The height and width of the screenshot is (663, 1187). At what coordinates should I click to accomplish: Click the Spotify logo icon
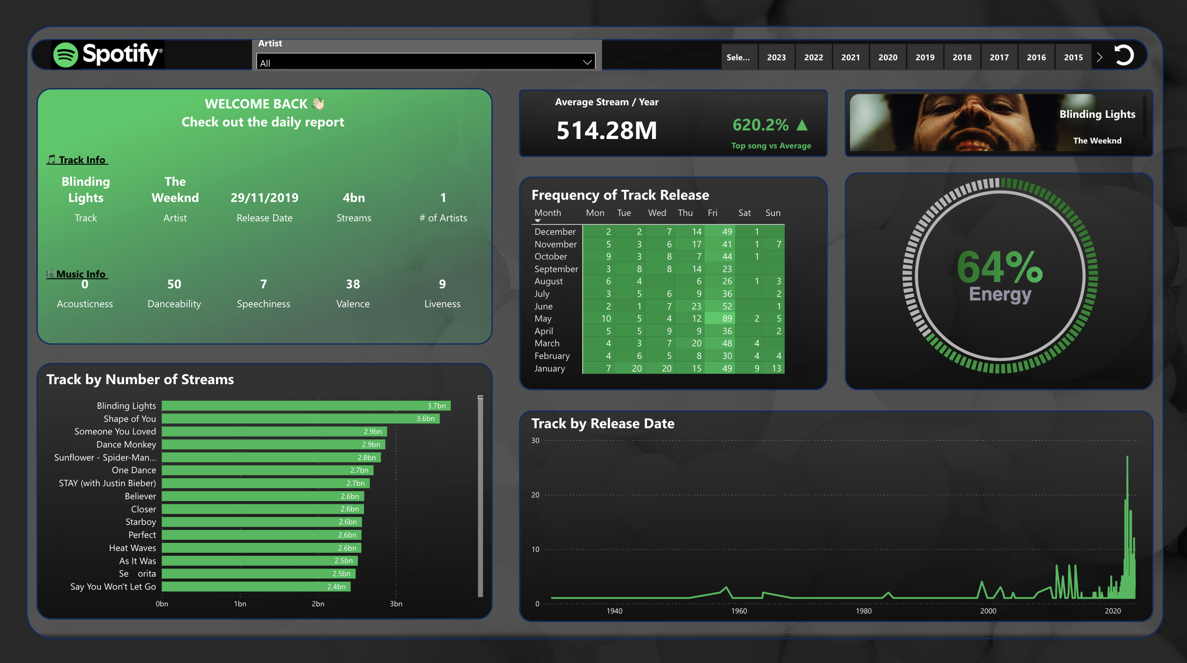[65, 55]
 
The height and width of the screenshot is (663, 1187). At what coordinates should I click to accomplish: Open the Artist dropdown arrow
[587, 62]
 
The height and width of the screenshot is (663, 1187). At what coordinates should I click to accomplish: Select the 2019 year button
[924, 57]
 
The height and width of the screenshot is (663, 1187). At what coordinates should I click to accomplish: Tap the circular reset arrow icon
[1124, 56]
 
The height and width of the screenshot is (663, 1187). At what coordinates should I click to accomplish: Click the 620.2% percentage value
[760, 125]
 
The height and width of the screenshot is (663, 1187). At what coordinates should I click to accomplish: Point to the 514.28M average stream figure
[607, 130]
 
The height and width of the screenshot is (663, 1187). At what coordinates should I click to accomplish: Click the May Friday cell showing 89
[727, 318]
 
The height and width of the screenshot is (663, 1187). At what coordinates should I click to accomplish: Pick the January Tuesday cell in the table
[636, 368]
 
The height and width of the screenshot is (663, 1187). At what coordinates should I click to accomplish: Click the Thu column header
[685, 213]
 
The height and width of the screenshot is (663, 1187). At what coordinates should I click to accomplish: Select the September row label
[556, 269]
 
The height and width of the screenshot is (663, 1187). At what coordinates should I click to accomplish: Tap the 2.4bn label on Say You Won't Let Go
[336, 587]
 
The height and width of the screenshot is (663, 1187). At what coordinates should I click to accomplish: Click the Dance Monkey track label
[126, 444]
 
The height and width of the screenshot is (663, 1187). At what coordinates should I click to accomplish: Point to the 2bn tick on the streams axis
[318, 604]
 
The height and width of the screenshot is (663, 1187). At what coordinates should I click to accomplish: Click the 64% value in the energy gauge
[999, 267]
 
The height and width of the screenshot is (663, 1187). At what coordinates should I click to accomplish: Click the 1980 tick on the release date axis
[863, 610]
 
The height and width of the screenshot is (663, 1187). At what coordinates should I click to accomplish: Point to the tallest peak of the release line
[1127, 457]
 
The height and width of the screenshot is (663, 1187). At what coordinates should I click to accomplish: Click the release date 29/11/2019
[264, 197]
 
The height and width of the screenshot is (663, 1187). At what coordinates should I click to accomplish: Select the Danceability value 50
[174, 284]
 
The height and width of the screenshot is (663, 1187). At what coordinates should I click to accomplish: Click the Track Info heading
[81, 160]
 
